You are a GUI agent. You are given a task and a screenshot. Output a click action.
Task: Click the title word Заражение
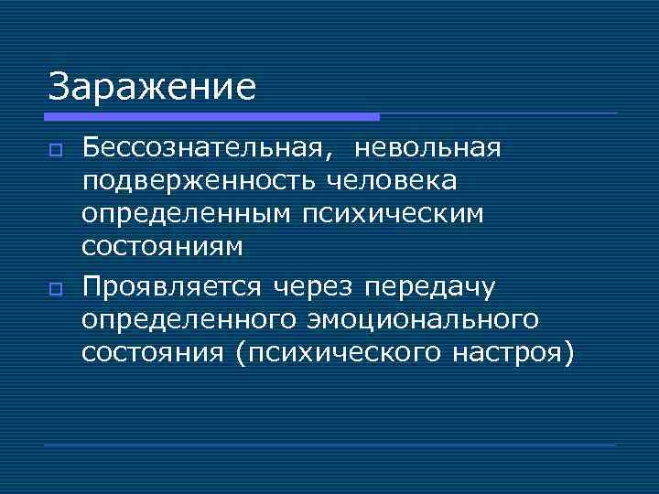pos(152,88)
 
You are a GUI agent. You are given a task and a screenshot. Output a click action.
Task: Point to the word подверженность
pos(195,181)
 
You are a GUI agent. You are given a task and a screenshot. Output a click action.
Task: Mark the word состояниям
pos(162,247)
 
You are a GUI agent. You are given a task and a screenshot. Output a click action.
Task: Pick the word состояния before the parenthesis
pos(153,352)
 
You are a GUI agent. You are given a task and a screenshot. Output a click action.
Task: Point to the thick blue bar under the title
pos(211,117)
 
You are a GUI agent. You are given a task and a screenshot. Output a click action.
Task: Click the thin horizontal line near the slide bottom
pos(329,445)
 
